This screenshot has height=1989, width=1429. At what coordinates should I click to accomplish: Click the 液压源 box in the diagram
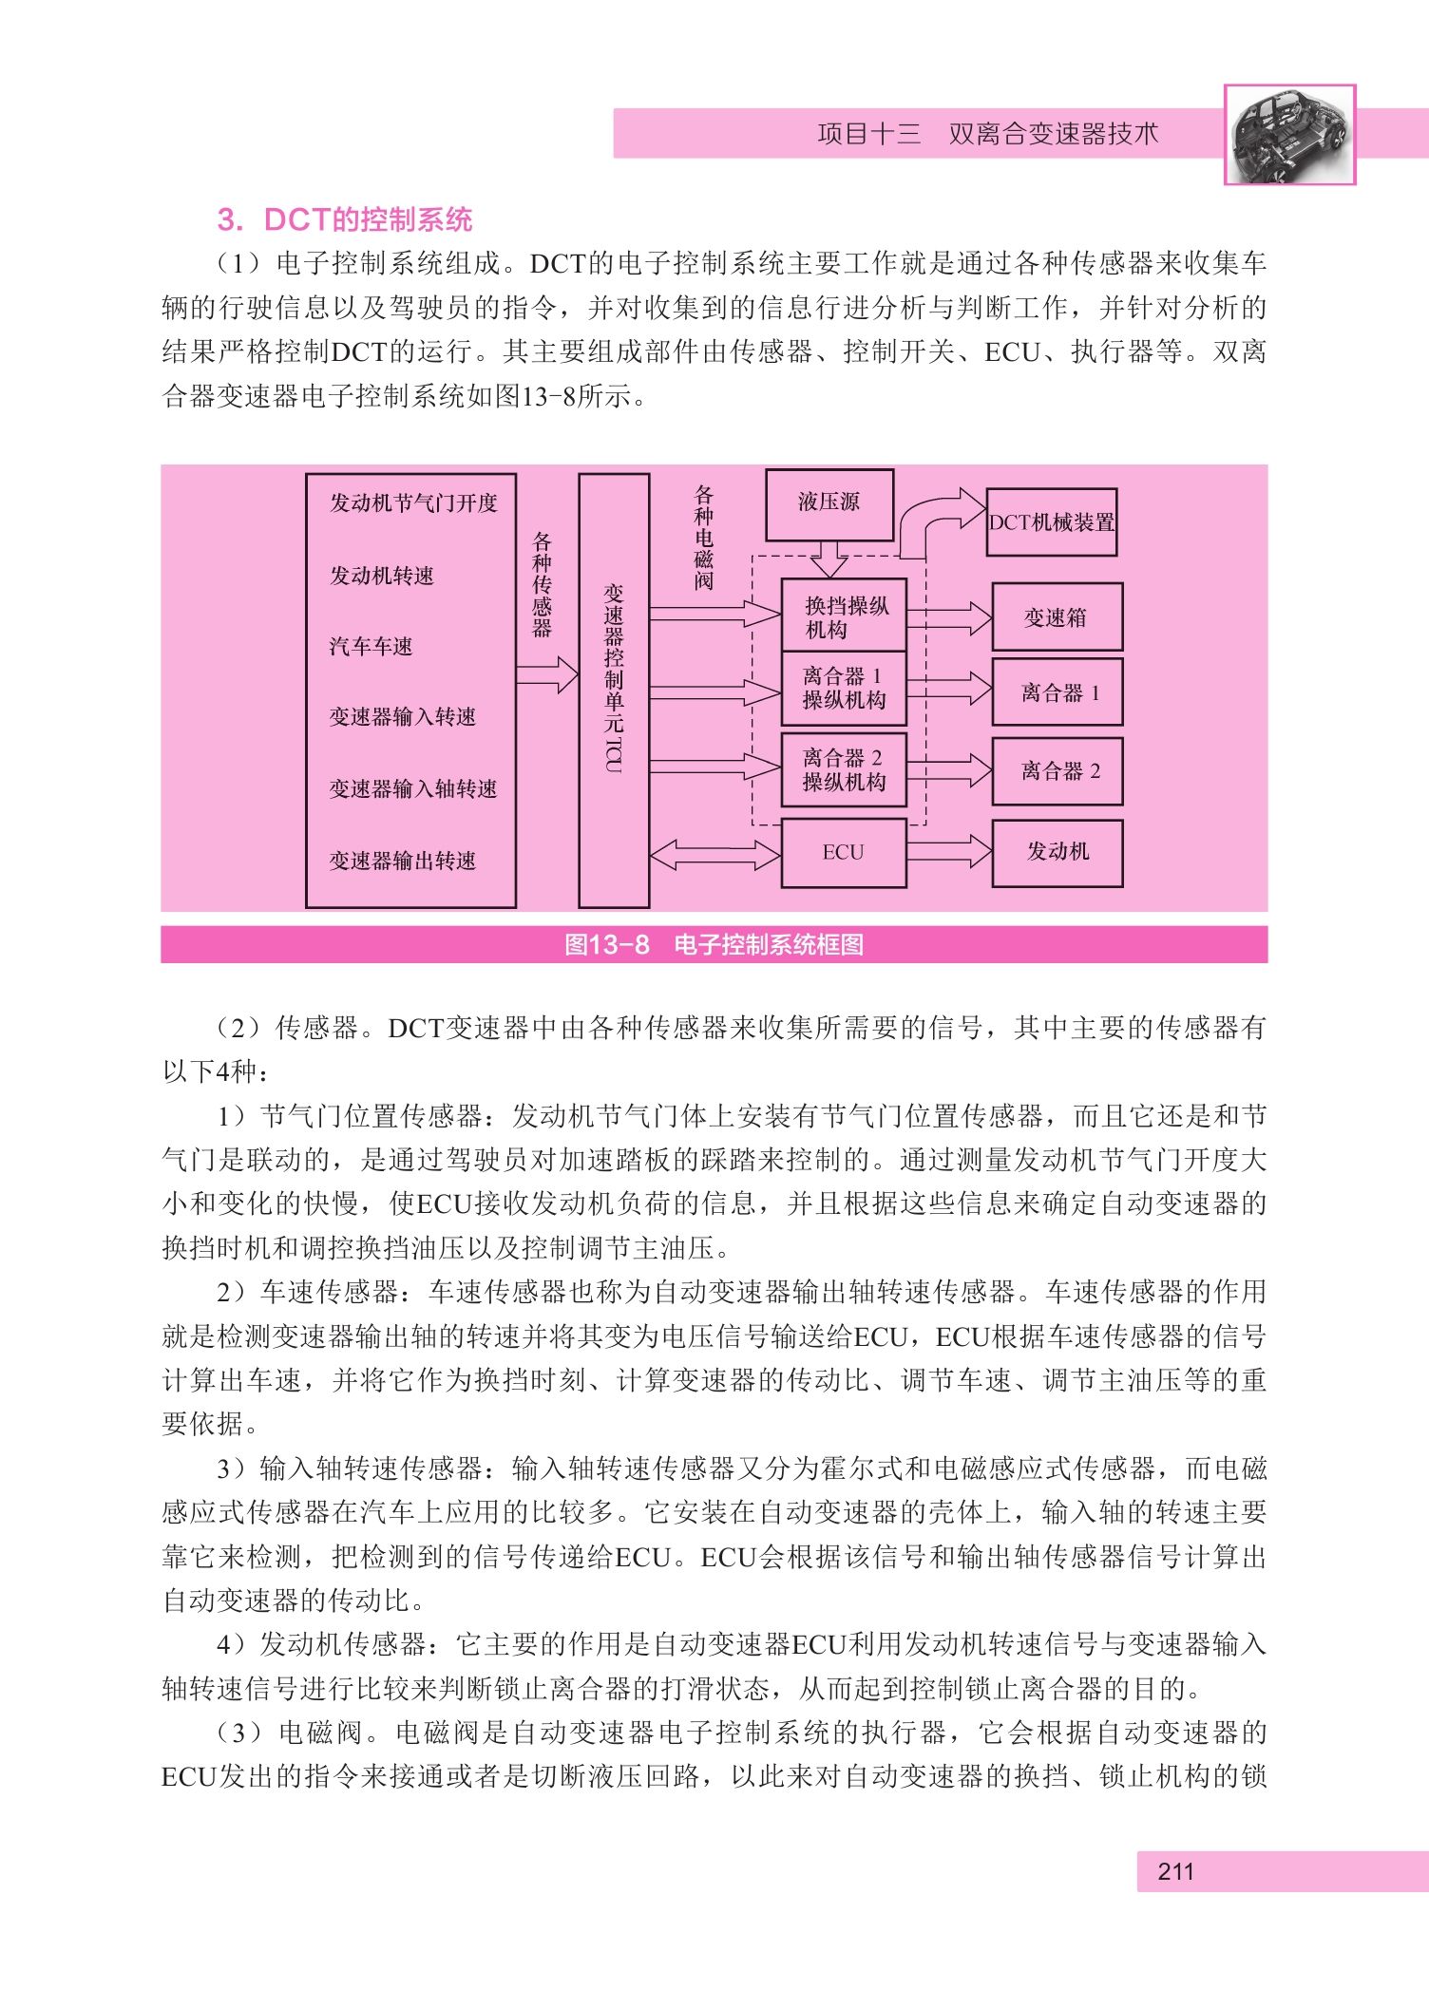(x=829, y=504)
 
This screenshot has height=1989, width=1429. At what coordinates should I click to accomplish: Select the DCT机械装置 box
(x=1052, y=521)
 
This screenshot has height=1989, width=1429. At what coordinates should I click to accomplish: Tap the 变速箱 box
(x=1057, y=617)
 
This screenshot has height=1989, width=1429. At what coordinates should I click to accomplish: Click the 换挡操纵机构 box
(x=844, y=616)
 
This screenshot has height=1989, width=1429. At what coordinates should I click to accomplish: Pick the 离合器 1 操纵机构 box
(x=844, y=689)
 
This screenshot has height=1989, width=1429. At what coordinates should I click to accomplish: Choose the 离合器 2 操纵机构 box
(x=844, y=770)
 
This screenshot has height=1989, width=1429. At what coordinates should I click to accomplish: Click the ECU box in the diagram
(x=844, y=853)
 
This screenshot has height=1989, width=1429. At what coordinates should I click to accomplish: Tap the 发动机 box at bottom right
(x=1057, y=853)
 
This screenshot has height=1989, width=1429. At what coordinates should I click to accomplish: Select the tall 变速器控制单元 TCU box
(x=614, y=691)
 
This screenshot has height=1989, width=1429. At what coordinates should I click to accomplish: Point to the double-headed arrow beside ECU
(x=715, y=854)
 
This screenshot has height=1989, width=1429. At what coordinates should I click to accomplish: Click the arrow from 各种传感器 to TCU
(x=547, y=675)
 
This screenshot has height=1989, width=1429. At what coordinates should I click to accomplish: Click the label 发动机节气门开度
(x=413, y=503)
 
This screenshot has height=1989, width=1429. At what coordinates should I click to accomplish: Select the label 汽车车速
(x=371, y=647)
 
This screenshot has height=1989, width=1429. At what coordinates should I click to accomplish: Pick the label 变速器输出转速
(x=403, y=861)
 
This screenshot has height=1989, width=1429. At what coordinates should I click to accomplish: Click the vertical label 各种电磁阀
(x=703, y=538)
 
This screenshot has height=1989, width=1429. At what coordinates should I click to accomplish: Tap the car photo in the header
(x=1289, y=134)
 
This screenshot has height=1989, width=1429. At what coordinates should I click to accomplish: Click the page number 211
(x=1175, y=1871)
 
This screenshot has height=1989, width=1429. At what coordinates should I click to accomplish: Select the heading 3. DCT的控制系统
(x=345, y=219)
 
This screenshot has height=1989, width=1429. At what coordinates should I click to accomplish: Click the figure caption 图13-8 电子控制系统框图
(x=714, y=944)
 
